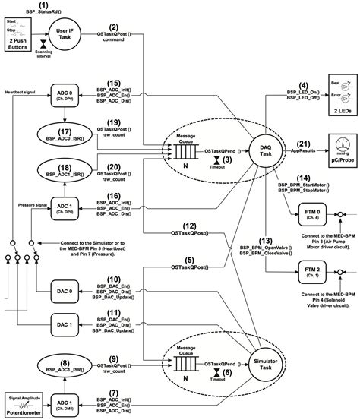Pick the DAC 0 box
[66, 290]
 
